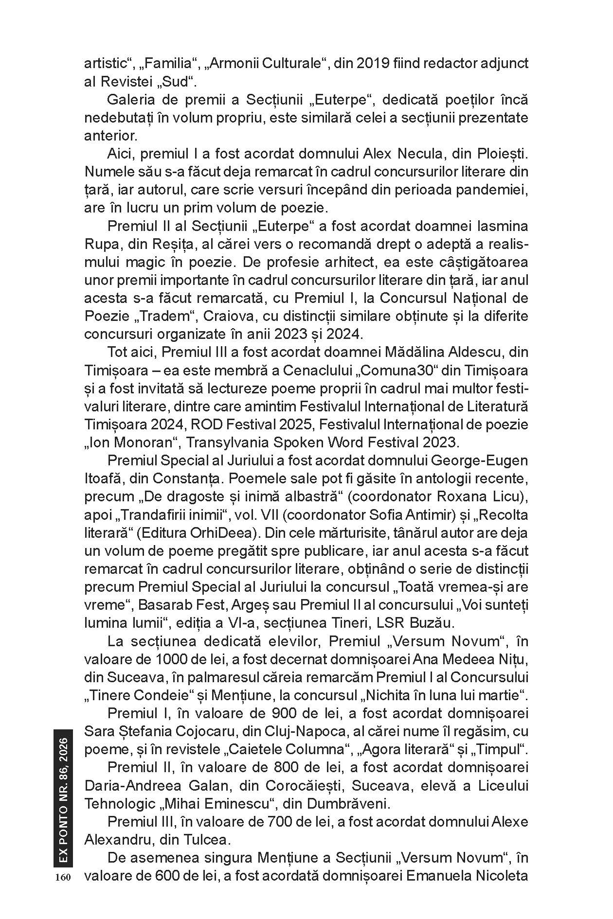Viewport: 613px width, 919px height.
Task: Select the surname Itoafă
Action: [104, 478]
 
